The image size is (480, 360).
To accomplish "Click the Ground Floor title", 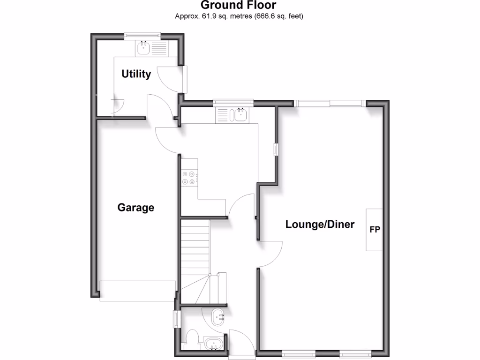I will (239, 6).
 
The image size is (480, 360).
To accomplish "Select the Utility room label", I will (136, 74).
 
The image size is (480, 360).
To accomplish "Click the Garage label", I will (135, 207).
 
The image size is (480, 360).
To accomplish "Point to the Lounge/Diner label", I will (320, 225).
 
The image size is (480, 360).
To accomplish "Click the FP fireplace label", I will (375, 230).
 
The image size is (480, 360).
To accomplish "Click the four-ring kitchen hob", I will (189, 178).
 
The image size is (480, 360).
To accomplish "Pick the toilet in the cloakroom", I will (192, 338).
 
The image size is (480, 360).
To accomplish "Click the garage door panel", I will (138, 291).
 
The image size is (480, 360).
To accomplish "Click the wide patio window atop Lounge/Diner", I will (330, 104).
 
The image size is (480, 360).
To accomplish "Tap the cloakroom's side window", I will (176, 320).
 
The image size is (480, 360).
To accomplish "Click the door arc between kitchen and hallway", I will (241, 206).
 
